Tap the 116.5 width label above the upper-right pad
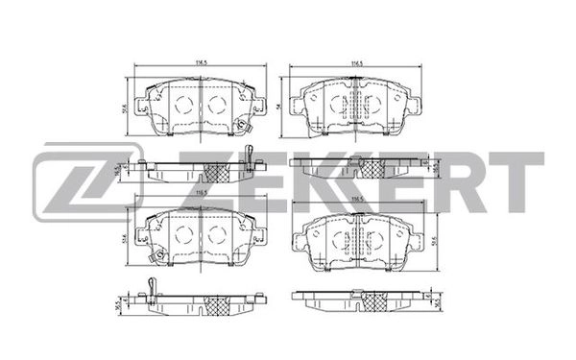[x=356, y=65]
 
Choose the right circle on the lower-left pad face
[x=217, y=235]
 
